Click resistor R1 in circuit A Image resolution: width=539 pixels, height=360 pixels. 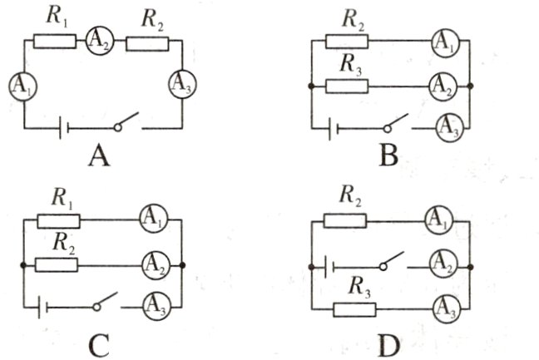(56, 39)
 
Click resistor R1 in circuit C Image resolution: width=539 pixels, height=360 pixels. (57, 220)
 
